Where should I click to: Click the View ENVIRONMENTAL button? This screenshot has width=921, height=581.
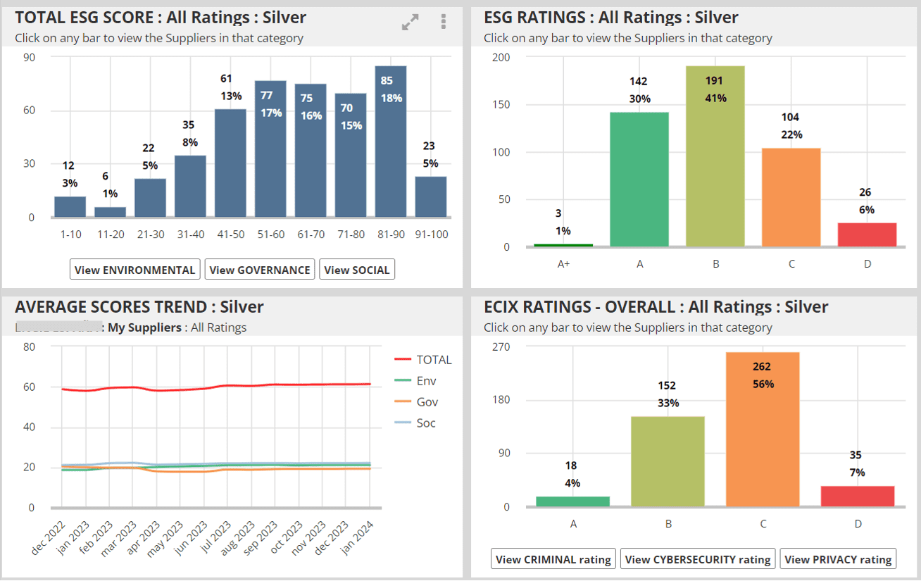pos(135,270)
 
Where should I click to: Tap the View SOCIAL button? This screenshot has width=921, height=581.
pos(357,270)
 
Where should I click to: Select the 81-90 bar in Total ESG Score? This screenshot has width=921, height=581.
pos(391,142)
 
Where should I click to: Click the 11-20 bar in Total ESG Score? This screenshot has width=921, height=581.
pos(111,211)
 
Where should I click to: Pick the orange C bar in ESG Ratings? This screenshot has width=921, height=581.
pos(791,197)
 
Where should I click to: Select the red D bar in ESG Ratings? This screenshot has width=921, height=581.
pos(867,235)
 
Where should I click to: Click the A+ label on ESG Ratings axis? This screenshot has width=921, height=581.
pos(564,264)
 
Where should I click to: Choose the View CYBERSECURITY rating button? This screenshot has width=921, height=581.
pos(698,559)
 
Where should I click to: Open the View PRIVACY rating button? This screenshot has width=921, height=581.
pos(838,559)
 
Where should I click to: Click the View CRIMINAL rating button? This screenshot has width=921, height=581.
pos(553,559)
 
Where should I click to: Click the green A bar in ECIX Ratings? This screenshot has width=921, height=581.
pos(572,501)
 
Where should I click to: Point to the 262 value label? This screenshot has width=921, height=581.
pos(762,366)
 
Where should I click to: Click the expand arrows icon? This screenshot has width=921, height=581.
pos(410,22)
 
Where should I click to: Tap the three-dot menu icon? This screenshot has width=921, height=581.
pos(443,22)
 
